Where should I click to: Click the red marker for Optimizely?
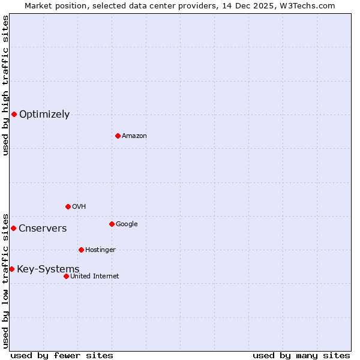pos(14,114)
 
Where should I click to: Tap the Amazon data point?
pos(118,136)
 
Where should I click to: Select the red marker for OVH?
pos(68,206)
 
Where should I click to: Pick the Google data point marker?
pos(112,224)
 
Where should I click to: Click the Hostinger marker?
pos(81,250)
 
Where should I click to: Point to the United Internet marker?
pos(66,276)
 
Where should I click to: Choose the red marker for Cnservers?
pos(13,228)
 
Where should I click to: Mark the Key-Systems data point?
pos(11,269)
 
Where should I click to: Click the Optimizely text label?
pos(44,114)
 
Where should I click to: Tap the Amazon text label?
pos(134,136)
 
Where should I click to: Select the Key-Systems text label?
pos(48,269)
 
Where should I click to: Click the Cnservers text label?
pos(43,228)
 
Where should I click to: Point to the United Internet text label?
pos(95,276)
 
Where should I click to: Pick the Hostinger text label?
pos(100,250)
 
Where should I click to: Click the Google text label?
pos(127,224)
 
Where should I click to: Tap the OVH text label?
pos(79,206)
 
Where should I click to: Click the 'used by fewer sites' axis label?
pos(62,355)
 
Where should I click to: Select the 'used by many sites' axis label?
pos(301,355)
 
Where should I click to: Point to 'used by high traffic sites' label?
pos(5,85)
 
